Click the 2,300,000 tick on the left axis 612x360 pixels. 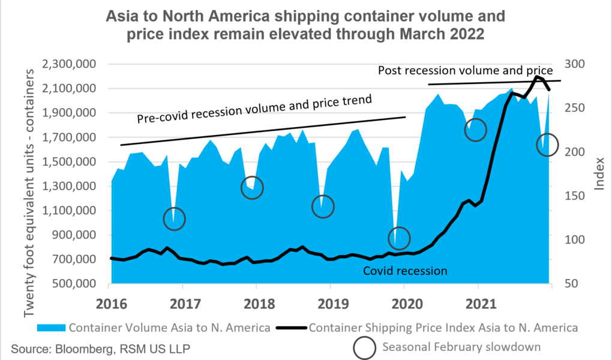point(72,64)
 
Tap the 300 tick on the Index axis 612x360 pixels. point(576,64)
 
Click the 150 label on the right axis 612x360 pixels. point(576,196)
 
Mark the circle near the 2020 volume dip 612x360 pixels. point(399,238)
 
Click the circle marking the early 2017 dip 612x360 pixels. point(175,219)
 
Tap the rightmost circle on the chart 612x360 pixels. point(547,145)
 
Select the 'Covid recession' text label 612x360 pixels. point(405,271)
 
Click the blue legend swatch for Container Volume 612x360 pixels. point(52,328)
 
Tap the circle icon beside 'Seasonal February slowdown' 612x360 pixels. point(365,346)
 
